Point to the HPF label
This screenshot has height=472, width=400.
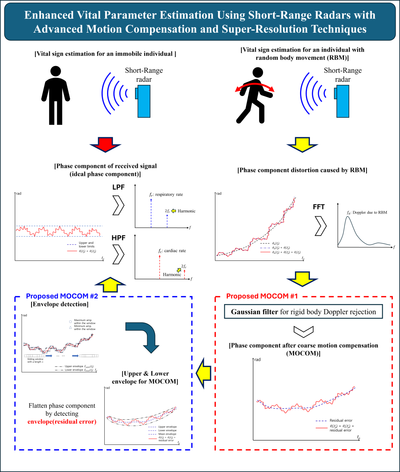118,238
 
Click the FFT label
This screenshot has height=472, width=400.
319,207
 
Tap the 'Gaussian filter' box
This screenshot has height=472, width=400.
304,312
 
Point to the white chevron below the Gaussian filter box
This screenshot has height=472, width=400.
304,330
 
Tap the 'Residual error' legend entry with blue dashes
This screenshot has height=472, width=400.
341,420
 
